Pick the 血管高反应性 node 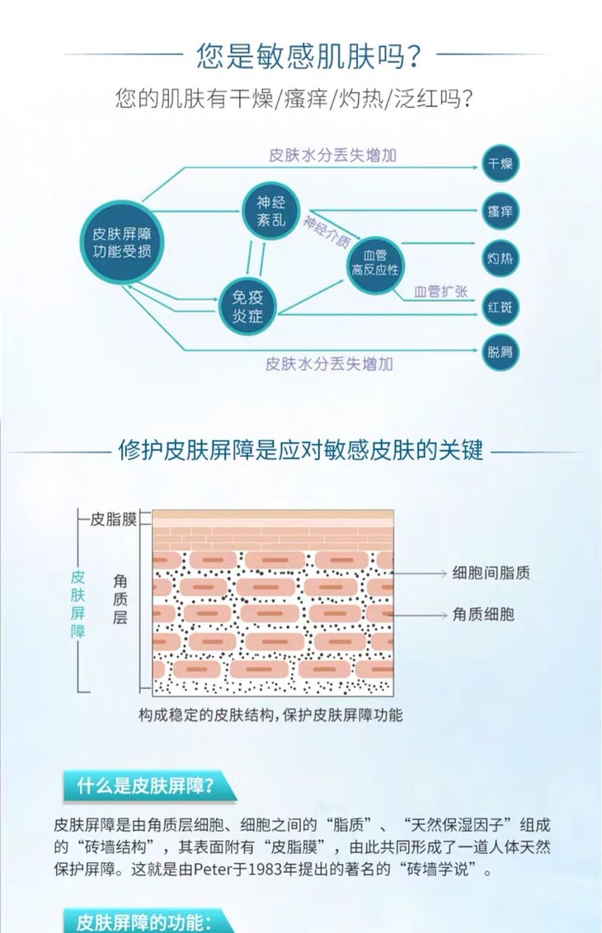pos(376,263)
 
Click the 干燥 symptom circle pos(500,164)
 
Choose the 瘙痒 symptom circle pos(500,212)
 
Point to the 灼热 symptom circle pos(500,259)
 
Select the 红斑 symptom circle pos(500,307)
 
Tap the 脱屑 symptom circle pos(500,352)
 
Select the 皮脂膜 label pos(113,519)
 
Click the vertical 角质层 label pos(120,598)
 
